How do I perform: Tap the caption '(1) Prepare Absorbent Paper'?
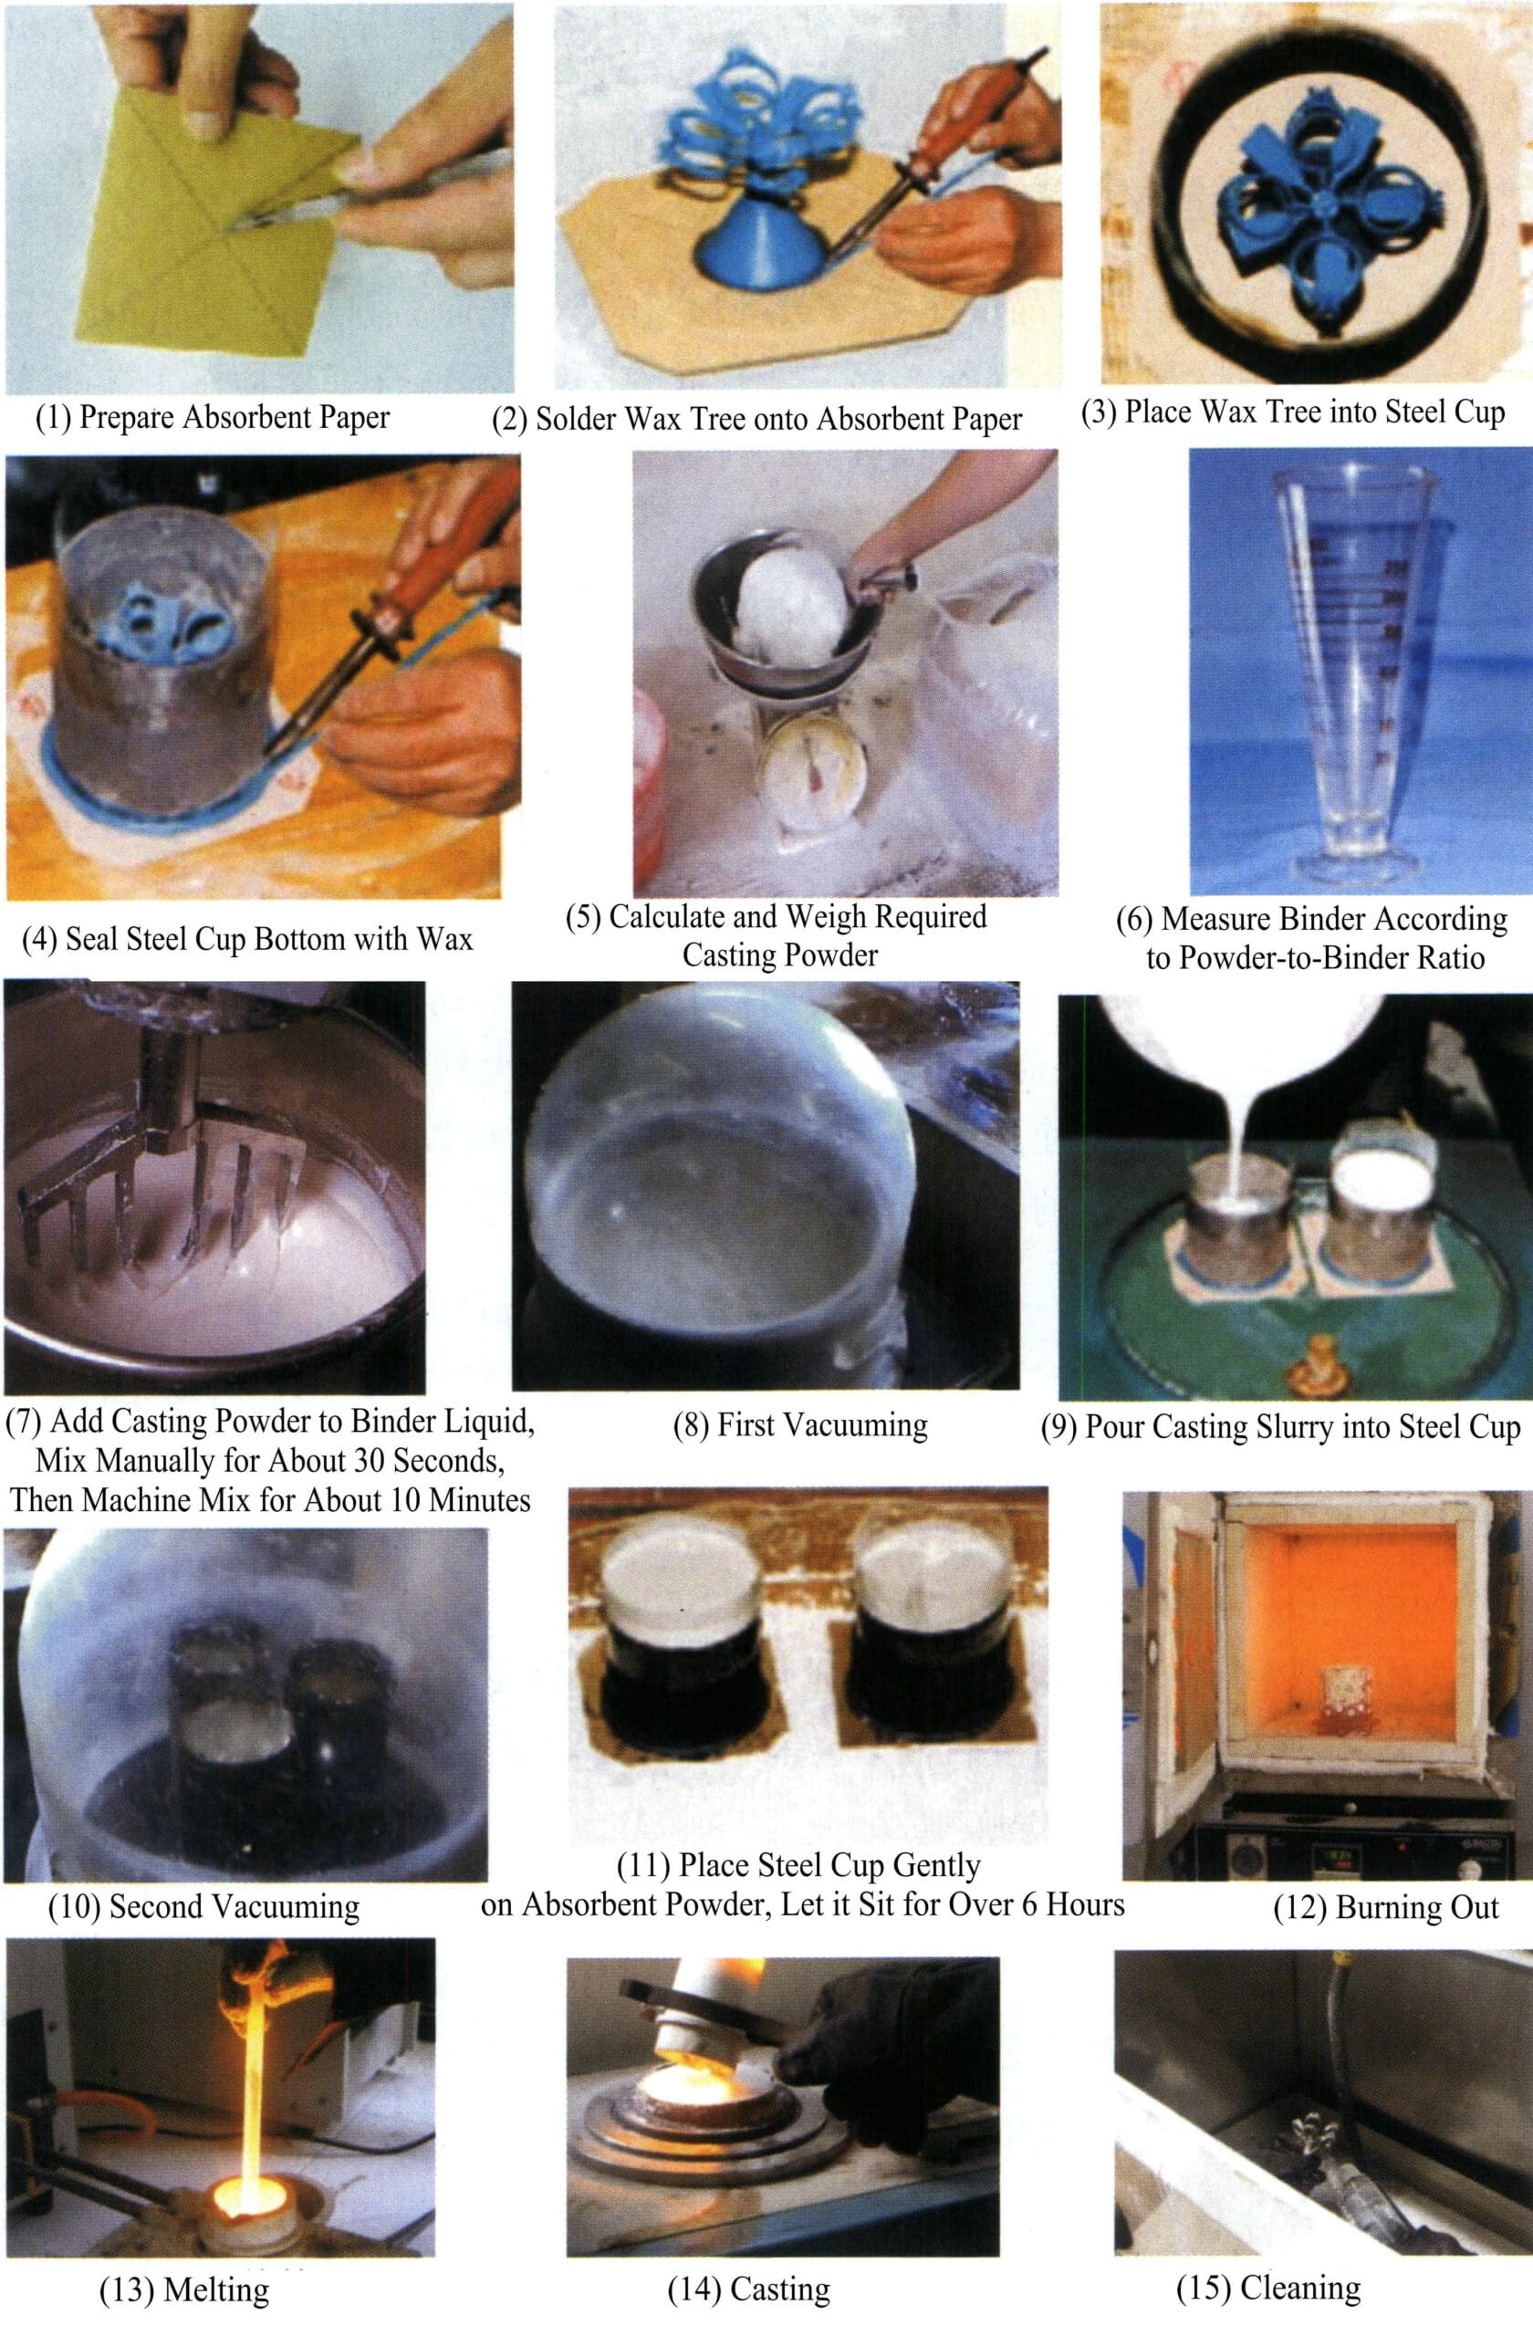coord(213,417)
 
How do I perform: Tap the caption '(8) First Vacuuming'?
coord(800,1424)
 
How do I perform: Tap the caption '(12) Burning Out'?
coord(1386,1907)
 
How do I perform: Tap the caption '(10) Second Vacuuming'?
coord(204,1906)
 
